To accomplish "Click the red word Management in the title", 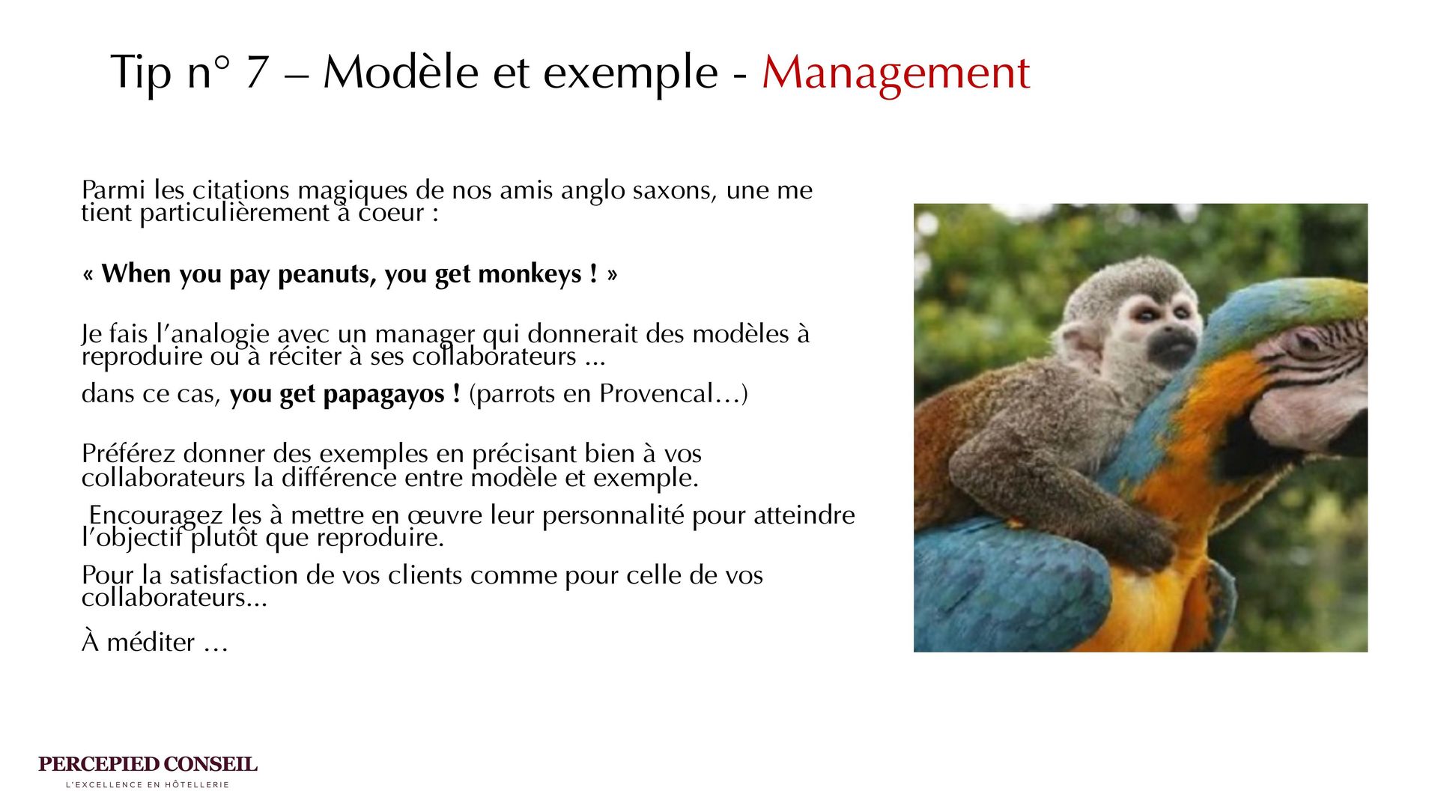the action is coord(896,73).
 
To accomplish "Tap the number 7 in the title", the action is coord(257,72).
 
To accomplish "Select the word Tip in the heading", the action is coord(142,73).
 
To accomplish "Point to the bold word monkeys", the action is coord(530,274).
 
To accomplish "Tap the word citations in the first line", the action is coord(240,190).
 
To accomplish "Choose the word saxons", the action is coord(673,191).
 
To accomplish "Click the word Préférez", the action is coord(128,454).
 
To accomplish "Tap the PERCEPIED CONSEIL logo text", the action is coord(148,765).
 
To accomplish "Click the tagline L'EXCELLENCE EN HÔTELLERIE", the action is coord(148,785).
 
